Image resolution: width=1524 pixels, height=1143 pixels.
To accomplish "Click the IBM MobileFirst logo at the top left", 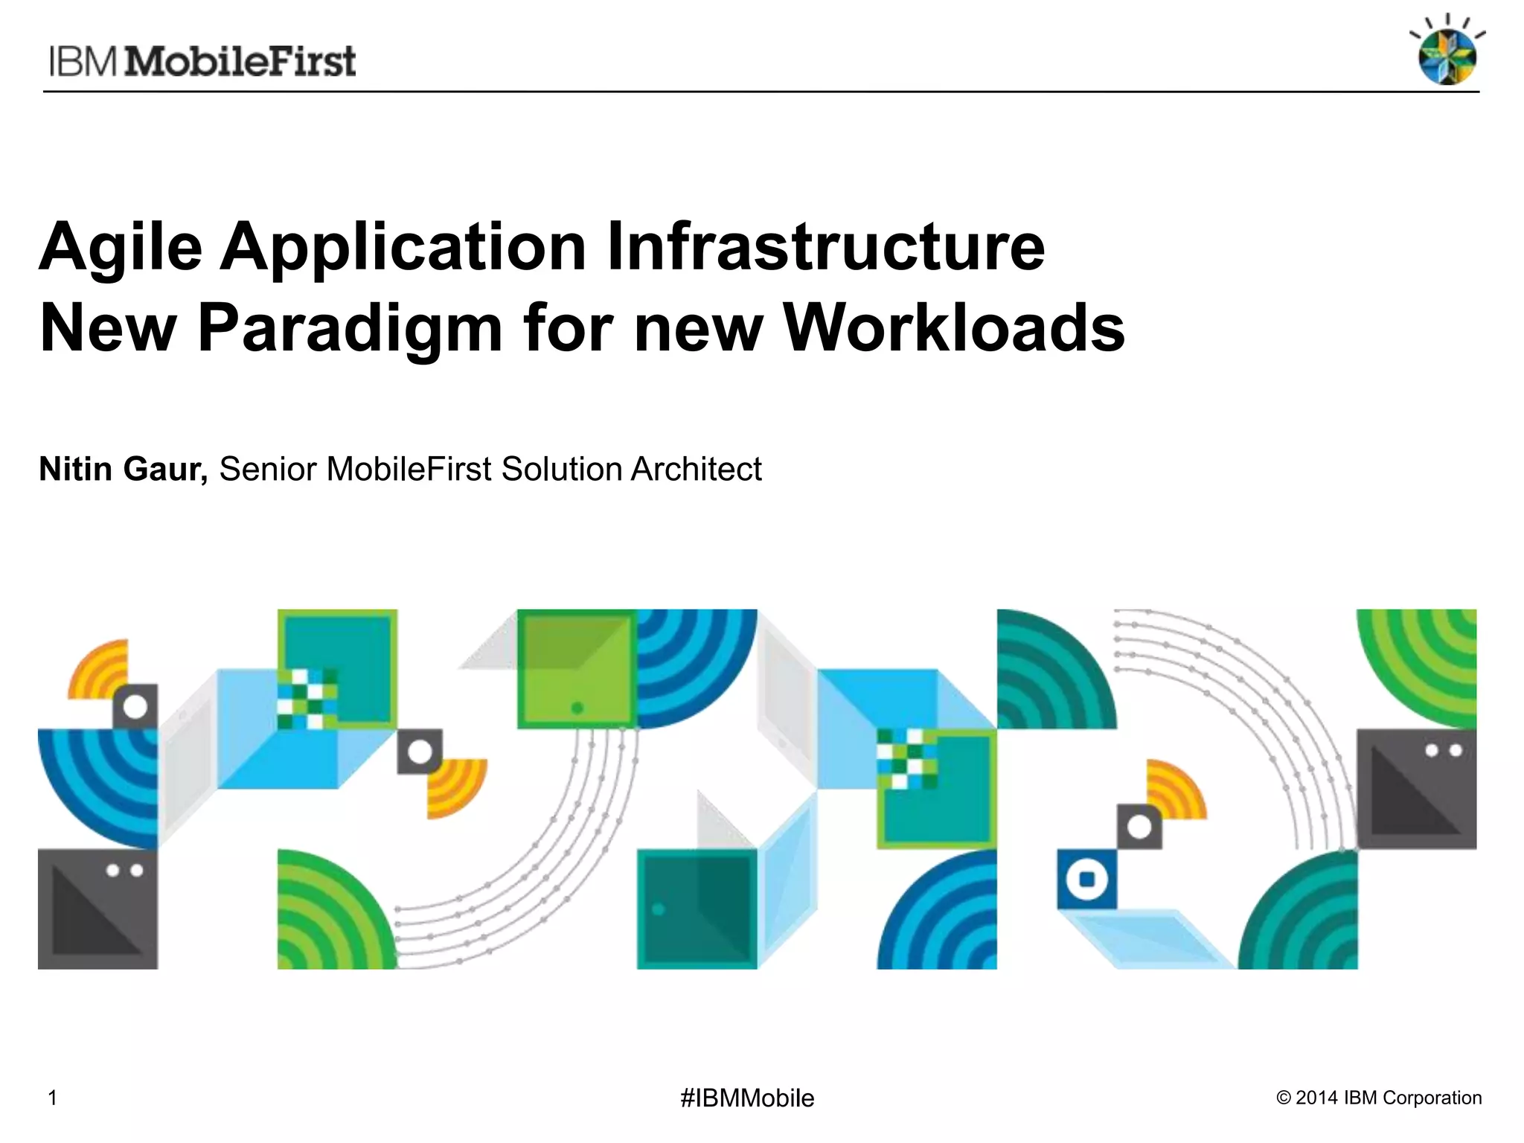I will [x=202, y=61].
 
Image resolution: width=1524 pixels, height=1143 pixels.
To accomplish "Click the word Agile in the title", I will [x=121, y=247].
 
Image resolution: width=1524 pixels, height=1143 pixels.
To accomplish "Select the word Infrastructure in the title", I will [x=826, y=247].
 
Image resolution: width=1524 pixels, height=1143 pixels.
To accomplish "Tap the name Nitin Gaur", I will [x=124, y=469].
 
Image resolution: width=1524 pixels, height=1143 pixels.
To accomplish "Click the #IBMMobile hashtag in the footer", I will [x=747, y=1098].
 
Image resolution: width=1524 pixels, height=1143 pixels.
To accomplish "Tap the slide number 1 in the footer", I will [x=52, y=1098].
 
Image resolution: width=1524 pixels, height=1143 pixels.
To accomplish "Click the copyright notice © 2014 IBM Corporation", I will [x=1379, y=1098].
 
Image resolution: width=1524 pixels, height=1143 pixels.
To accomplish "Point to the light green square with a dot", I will [x=577, y=668].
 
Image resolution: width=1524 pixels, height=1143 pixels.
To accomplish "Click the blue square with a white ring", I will [x=1086, y=879].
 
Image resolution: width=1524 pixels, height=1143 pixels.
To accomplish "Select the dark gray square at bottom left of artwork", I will [x=97, y=909].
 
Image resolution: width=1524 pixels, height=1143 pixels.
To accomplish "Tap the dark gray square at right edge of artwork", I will [x=1416, y=789].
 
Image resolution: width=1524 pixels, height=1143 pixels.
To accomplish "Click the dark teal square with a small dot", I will [x=697, y=909].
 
